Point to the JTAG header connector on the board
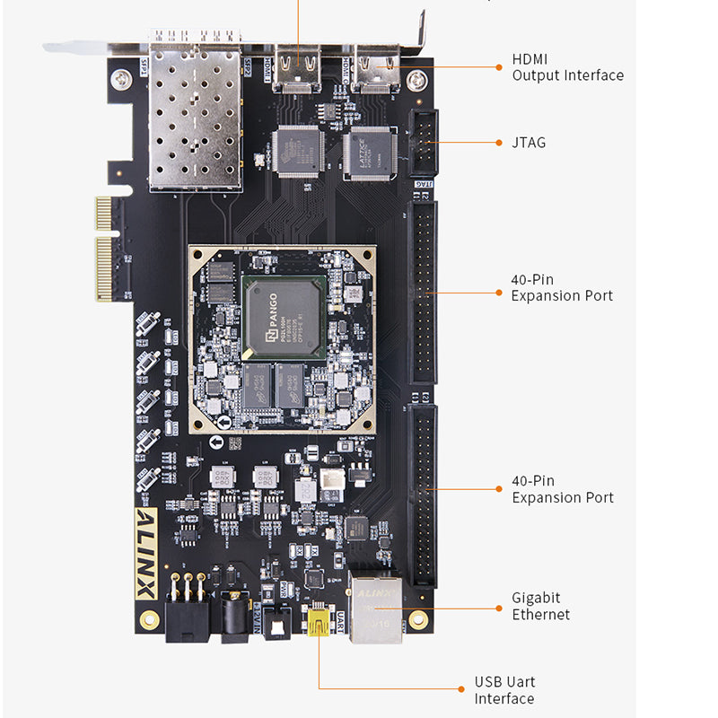(424, 142)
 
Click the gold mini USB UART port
(318, 622)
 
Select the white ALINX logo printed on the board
(146, 554)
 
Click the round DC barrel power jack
(236, 617)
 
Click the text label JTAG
(529, 143)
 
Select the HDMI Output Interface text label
(567, 67)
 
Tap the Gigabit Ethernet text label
(540, 606)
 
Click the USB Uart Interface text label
(504, 690)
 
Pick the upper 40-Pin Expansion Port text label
(562, 287)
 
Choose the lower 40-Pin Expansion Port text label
(562, 489)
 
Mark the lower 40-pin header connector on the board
(423, 495)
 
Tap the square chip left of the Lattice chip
(297, 150)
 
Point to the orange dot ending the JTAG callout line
(500, 142)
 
